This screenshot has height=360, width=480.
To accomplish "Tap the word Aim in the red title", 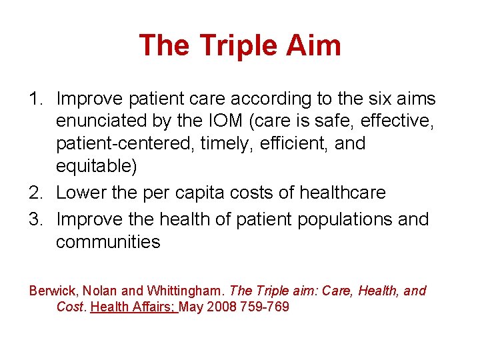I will pyautogui.click(x=316, y=45).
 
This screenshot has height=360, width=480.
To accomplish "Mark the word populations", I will pyautogui.click(x=339, y=219).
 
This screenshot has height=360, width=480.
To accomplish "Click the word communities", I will pyautogui.click(x=108, y=241).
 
